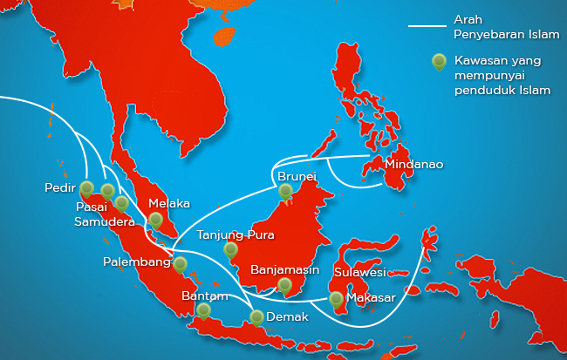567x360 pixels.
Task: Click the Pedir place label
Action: [59, 187]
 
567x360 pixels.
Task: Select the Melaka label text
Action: [169, 203]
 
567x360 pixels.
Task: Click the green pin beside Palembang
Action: [180, 262]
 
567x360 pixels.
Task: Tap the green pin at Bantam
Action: [203, 309]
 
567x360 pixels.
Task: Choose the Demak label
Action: [287, 316]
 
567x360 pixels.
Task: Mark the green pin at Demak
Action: [256, 317]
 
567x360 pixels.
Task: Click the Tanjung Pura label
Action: [236, 234]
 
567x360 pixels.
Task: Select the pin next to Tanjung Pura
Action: [230, 249]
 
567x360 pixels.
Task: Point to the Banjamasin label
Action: [285, 269]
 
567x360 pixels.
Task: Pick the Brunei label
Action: [297, 176]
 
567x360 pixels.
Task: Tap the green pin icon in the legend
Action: [441, 62]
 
